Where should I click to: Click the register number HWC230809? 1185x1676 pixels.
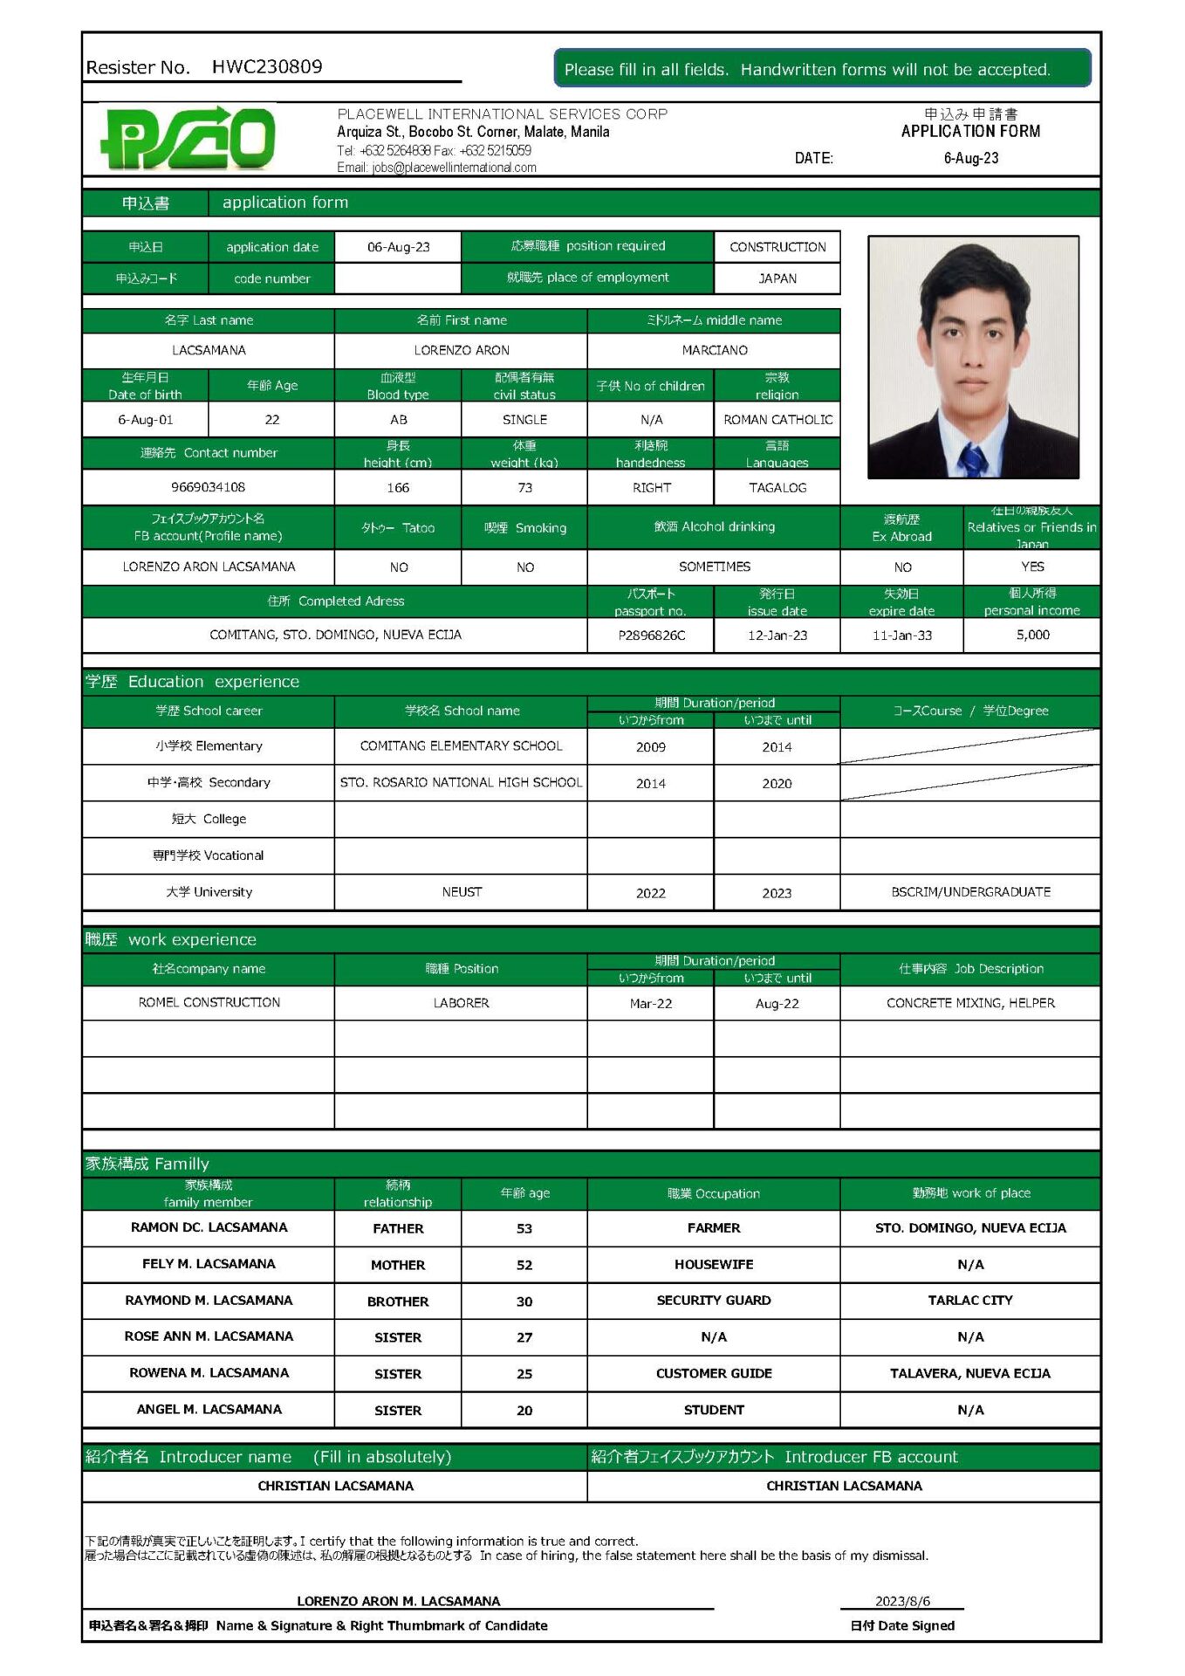(266, 67)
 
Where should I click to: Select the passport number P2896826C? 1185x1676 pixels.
(651, 635)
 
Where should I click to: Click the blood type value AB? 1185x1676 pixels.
(398, 420)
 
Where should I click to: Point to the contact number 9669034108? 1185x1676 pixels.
(208, 487)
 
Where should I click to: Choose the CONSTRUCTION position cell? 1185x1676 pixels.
(777, 247)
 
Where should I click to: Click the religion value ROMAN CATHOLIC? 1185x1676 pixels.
(777, 420)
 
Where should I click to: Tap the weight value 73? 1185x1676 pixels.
(524, 488)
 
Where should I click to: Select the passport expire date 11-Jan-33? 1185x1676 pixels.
(901, 635)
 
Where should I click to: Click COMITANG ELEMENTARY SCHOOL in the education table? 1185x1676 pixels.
(461, 746)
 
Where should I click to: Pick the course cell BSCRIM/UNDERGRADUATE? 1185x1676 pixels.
(970, 892)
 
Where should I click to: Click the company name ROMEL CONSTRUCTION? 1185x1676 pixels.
(209, 1003)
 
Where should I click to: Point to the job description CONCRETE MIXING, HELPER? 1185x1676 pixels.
(970, 1003)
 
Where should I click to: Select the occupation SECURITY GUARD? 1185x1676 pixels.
(713, 1301)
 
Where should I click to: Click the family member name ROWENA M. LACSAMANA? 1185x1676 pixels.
(209, 1373)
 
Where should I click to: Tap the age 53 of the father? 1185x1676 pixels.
(524, 1229)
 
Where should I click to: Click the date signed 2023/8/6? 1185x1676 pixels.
(902, 1601)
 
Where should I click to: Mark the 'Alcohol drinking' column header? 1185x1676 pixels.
(714, 527)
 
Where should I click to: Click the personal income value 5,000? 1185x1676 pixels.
(1032, 635)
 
